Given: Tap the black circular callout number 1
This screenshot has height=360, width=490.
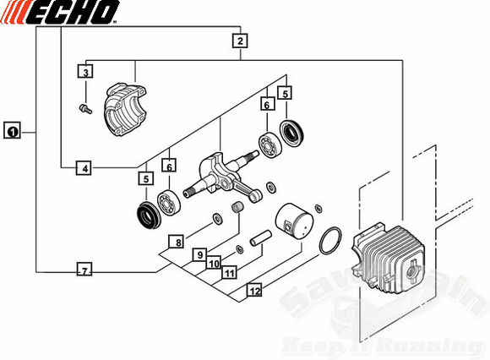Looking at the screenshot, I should point(13,131).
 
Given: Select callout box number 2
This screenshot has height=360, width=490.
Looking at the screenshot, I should point(241,41).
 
